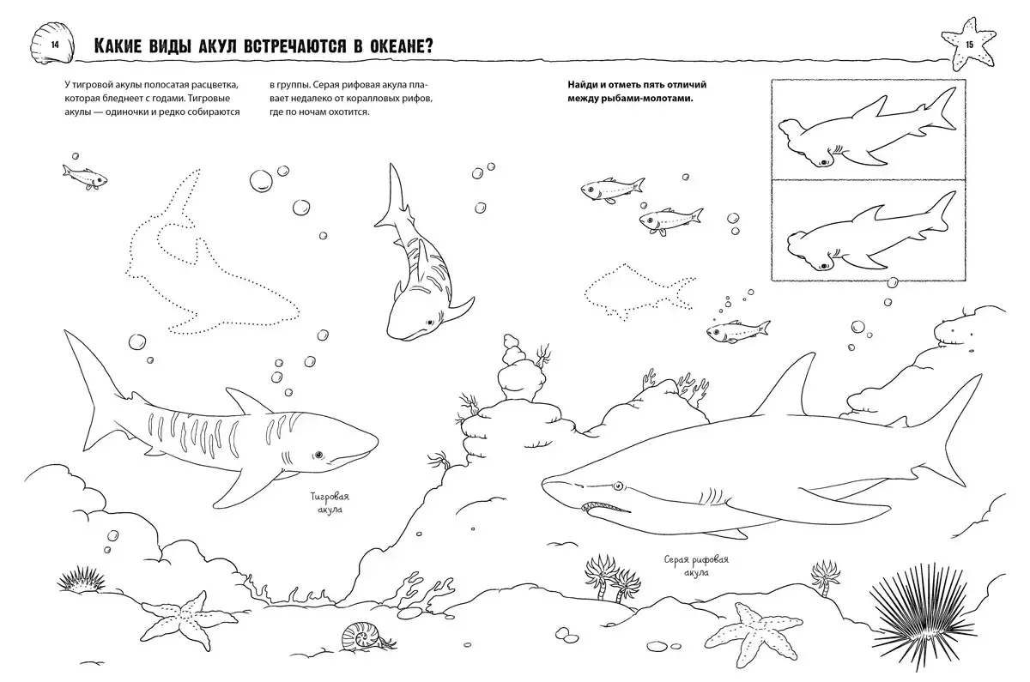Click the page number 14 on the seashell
pos(55,45)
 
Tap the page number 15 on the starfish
pos(969,45)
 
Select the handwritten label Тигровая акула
pos(330,503)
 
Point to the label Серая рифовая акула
pos(696,565)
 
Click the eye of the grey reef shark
pos(617,486)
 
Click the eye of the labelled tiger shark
pos(318,455)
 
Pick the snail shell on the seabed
pos(362,637)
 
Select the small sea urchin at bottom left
pos(81,579)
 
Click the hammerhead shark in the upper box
pos(868,133)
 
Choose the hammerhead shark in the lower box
pos(871,234)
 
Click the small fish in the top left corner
pos(85,177)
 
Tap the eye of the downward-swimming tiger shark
pos(429,323)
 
